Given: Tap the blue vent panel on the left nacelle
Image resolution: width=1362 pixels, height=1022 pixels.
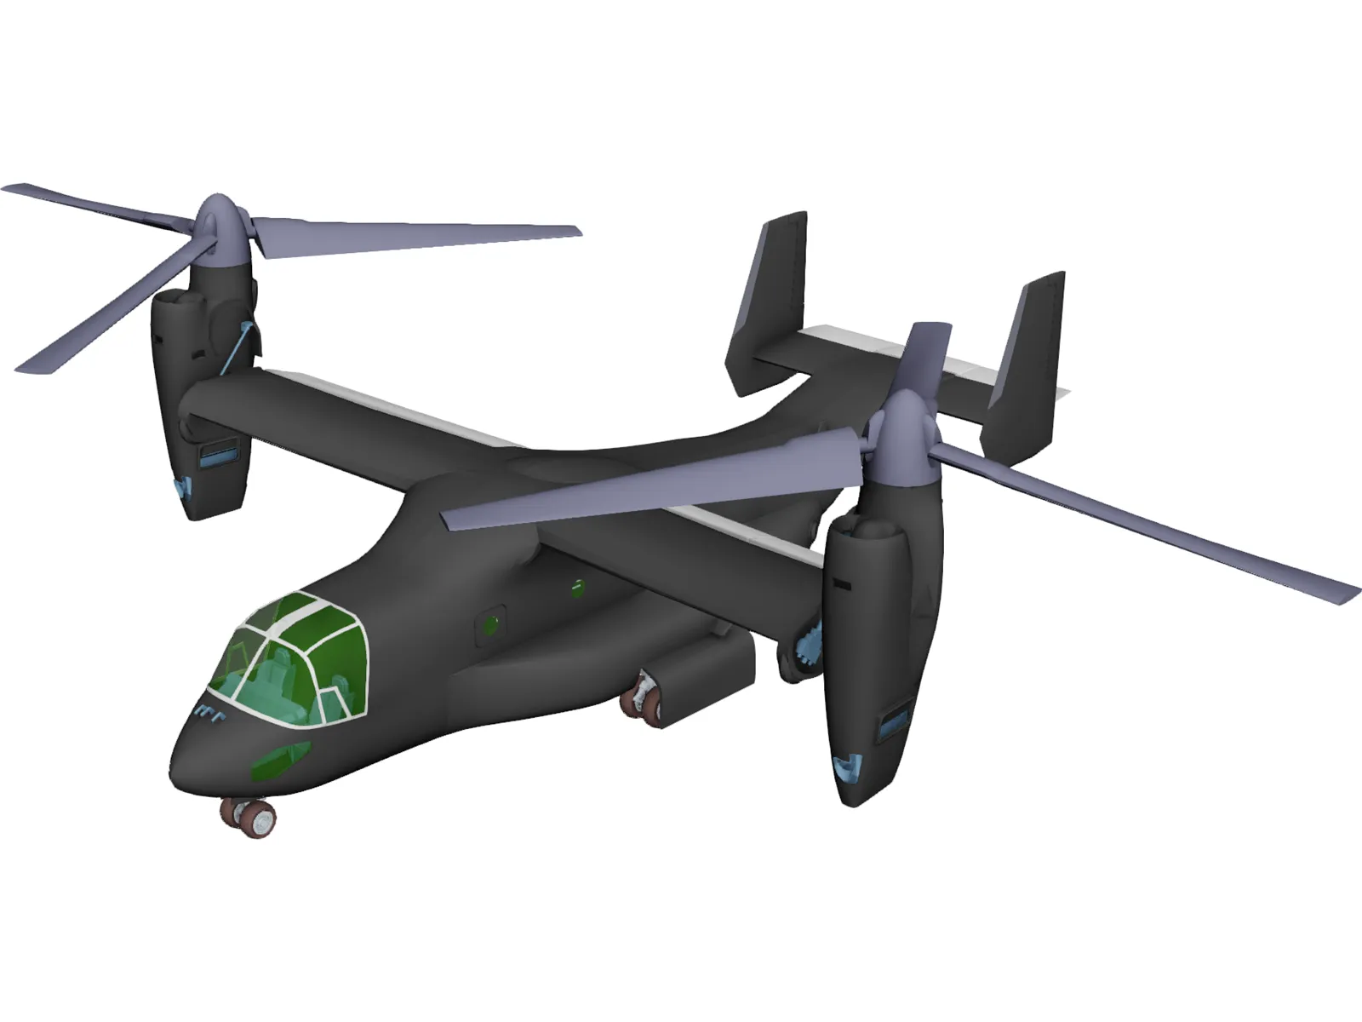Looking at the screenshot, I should click(219, 456).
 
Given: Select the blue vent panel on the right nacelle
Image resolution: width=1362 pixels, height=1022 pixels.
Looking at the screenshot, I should click(894, 724).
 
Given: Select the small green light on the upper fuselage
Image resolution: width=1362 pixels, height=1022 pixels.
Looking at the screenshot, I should click(578, 586).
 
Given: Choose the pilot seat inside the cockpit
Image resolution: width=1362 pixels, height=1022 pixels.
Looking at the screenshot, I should click(281, 673).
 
